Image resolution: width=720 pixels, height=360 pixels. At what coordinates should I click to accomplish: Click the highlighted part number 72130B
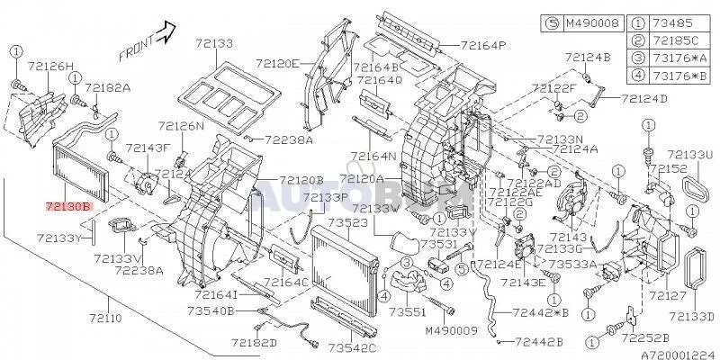point(68,206)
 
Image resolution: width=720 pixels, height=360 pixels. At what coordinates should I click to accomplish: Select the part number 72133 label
point(212,43)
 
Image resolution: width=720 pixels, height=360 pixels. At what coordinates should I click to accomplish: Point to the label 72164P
point(483,45)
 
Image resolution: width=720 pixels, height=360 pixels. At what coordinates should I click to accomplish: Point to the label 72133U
point(689,156)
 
